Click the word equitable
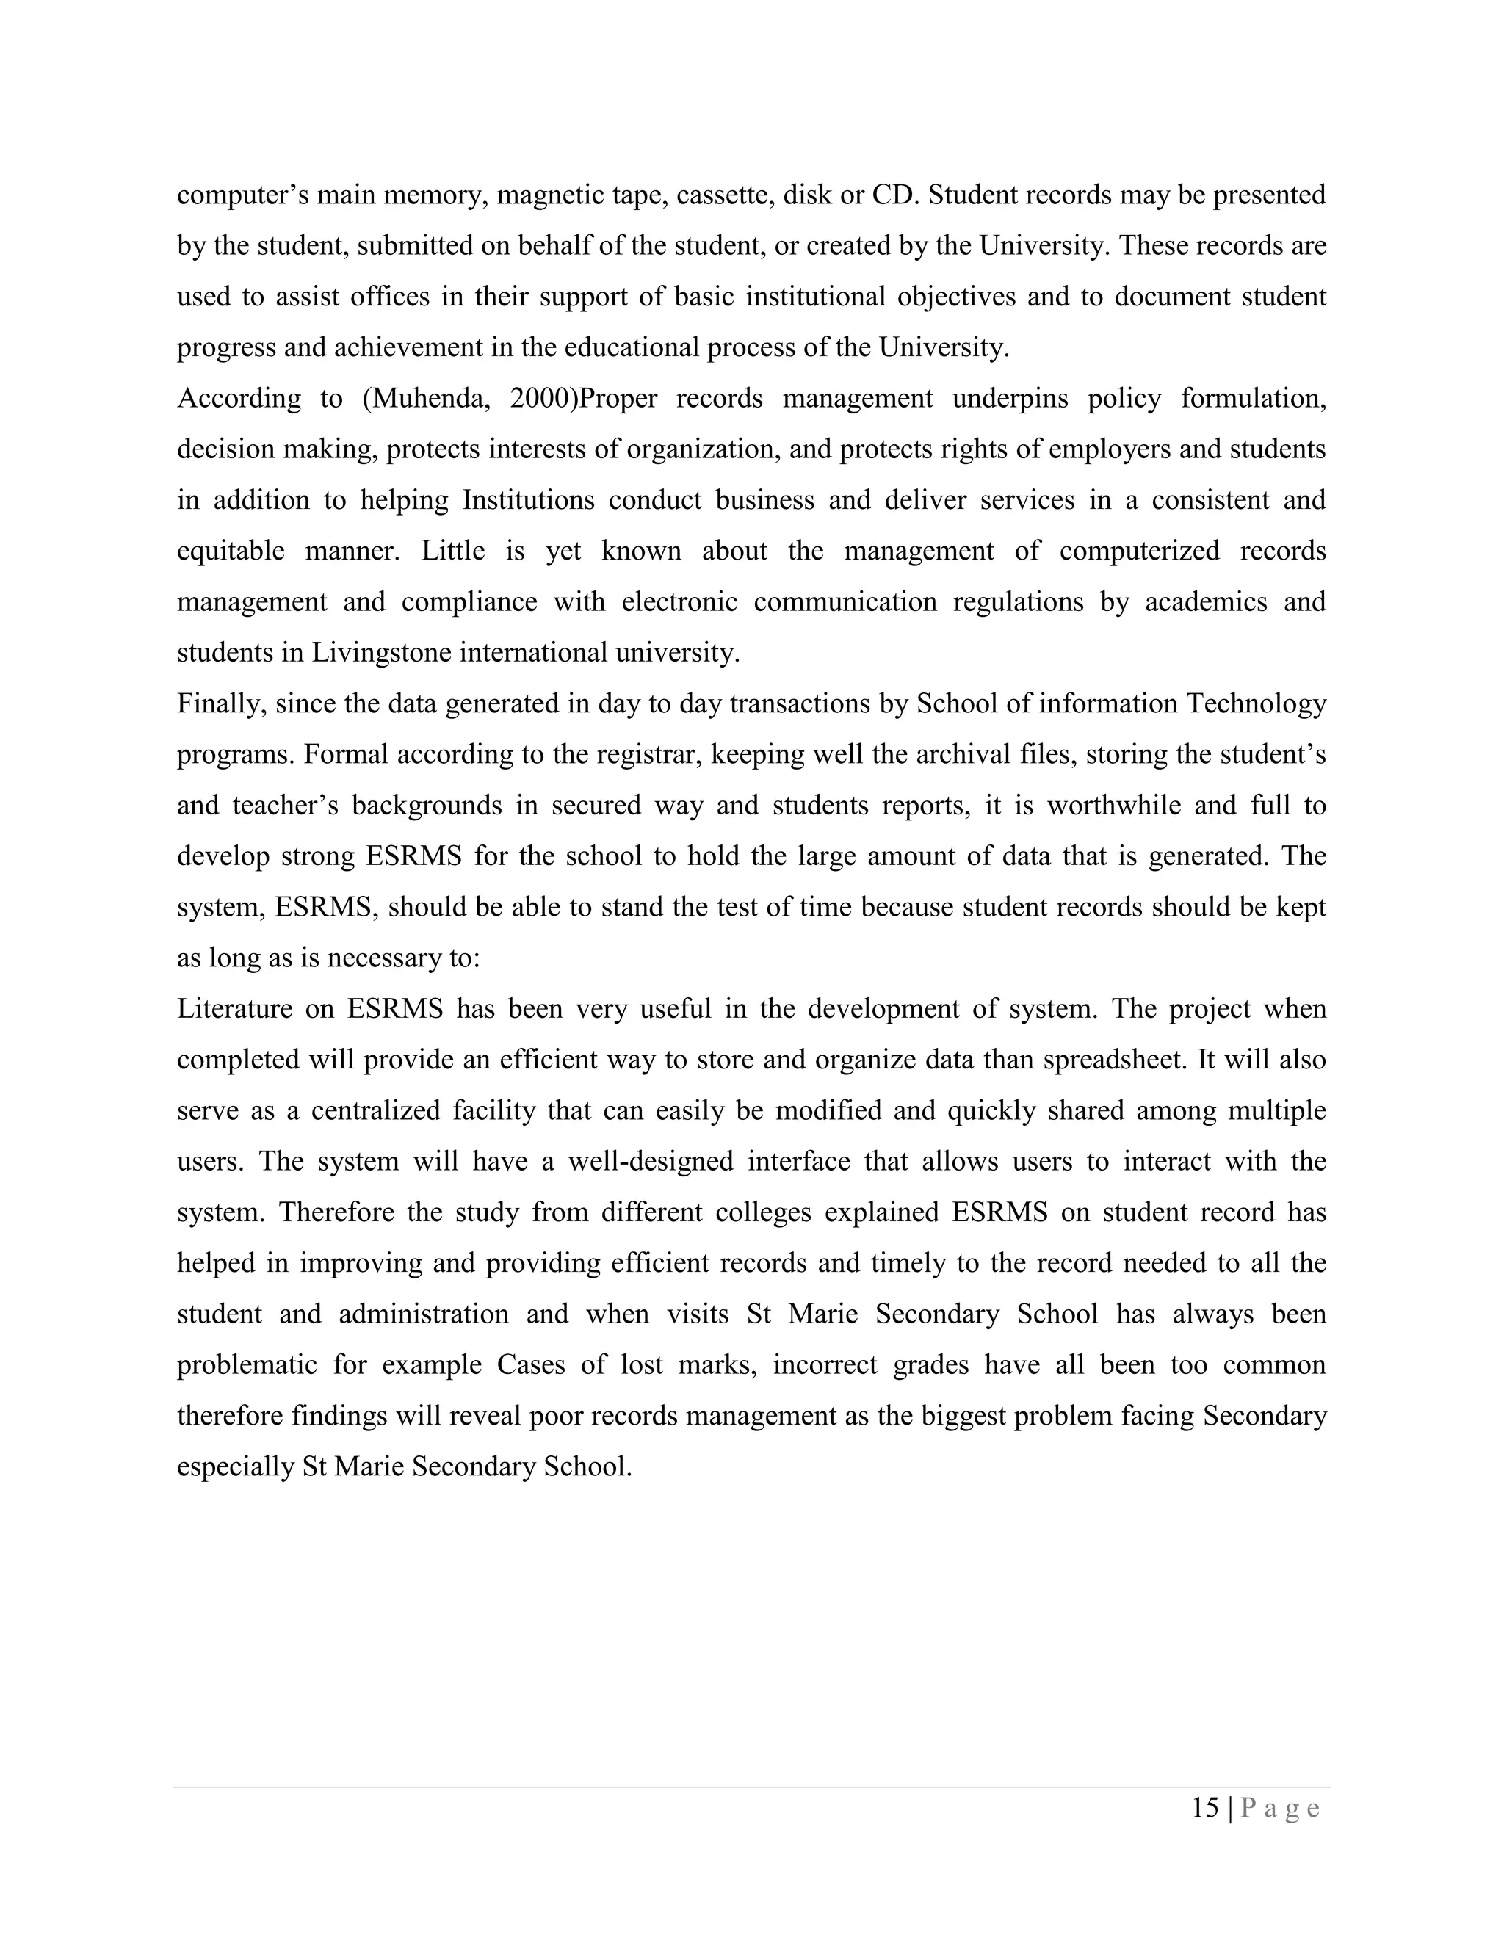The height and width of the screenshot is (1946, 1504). (230, 551)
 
